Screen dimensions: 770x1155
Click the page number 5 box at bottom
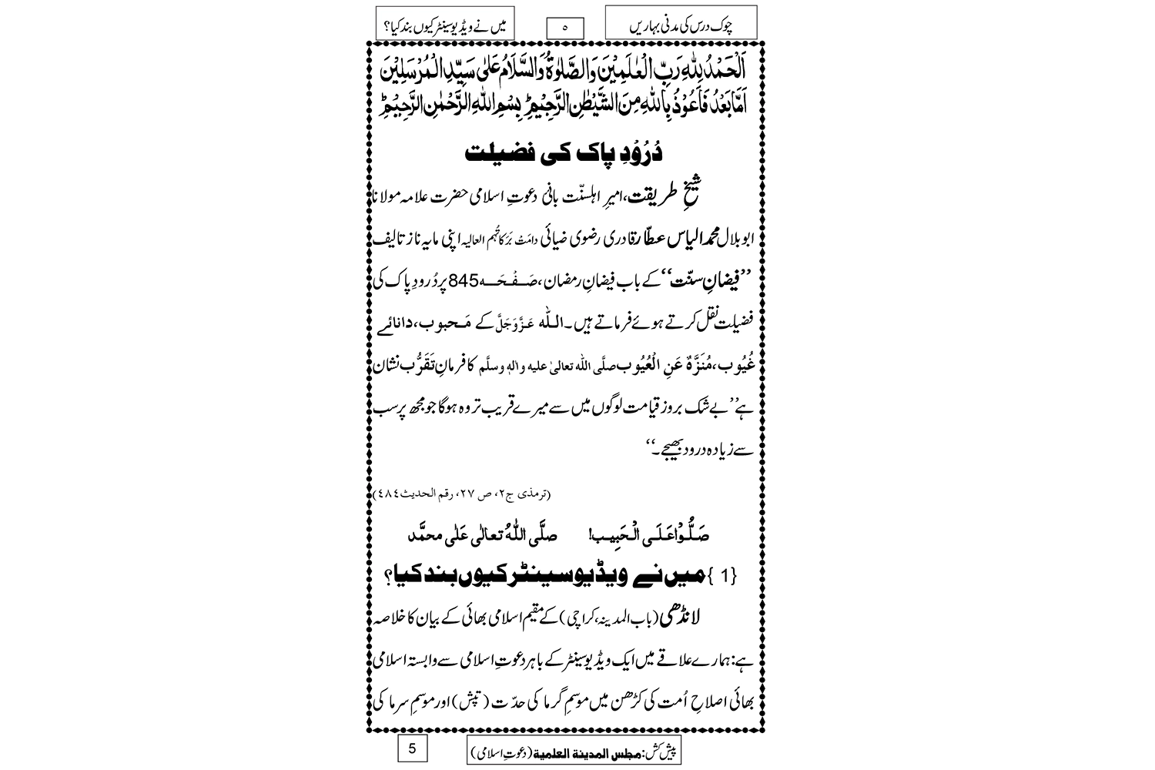[x=412, y=748]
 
